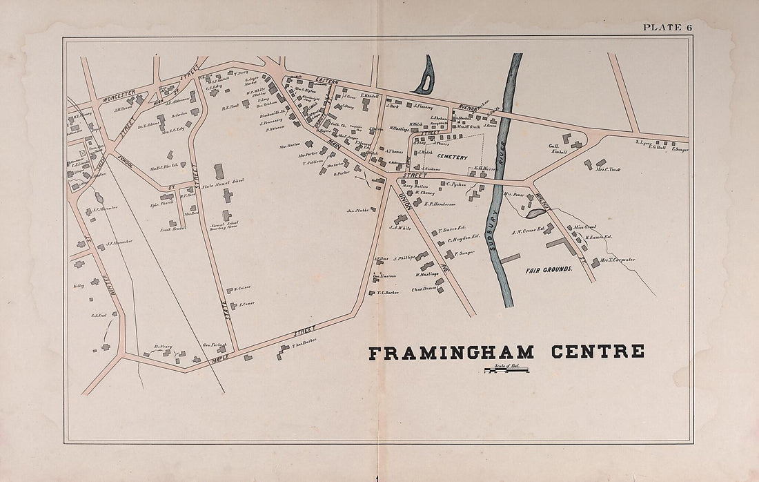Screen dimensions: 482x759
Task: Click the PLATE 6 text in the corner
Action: click(x=667, y=28)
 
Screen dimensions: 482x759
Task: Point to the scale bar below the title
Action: click(x=506, y=371)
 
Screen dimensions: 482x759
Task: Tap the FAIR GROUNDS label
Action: click(x=550, y=268)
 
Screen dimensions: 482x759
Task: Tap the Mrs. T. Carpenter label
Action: click(x=618, y=260)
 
